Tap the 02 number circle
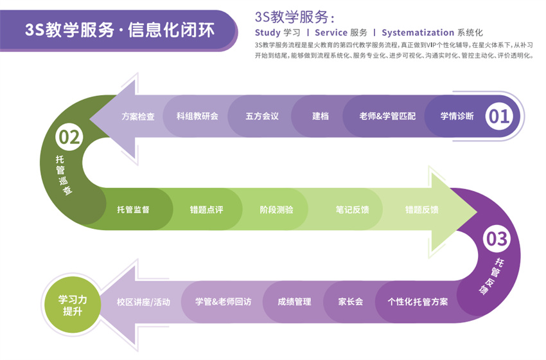69,137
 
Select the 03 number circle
497,239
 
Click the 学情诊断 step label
457,116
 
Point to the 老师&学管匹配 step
387,116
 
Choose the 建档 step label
321,116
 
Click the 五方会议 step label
261,116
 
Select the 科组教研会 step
197,116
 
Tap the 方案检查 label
138,116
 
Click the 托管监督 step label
133,210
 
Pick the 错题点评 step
206,210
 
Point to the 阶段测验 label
276,210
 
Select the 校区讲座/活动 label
143,301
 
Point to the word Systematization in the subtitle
418,32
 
